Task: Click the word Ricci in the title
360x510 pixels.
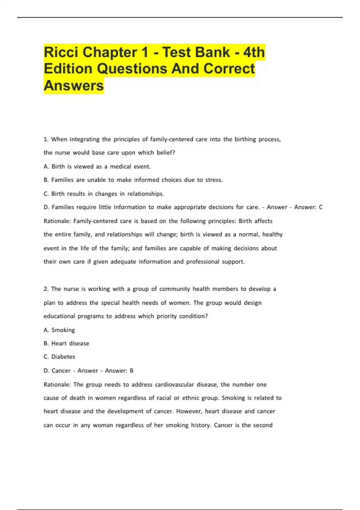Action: (x=61, y=52)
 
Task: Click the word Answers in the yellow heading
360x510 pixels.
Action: (x=73, y=85)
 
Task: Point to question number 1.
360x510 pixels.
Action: (x=46, y=139)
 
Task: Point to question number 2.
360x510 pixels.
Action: (x=46, y=289)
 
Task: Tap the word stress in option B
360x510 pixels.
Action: (x=214, y=180)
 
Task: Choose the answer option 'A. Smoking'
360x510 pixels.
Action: (x=59, y=330)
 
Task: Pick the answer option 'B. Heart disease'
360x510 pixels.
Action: (x=66, y=343)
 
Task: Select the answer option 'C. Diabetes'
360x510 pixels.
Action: (x=59, y=357)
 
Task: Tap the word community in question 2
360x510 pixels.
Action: (x=175, y=289)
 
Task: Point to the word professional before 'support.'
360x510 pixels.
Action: (x=202, y=262)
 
